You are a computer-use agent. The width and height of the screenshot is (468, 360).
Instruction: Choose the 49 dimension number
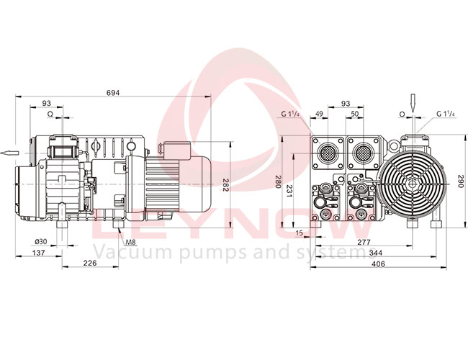(320, 114)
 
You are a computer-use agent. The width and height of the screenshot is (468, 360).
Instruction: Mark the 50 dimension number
(354, 114)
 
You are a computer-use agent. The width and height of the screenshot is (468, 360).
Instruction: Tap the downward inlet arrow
(413, 102)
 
